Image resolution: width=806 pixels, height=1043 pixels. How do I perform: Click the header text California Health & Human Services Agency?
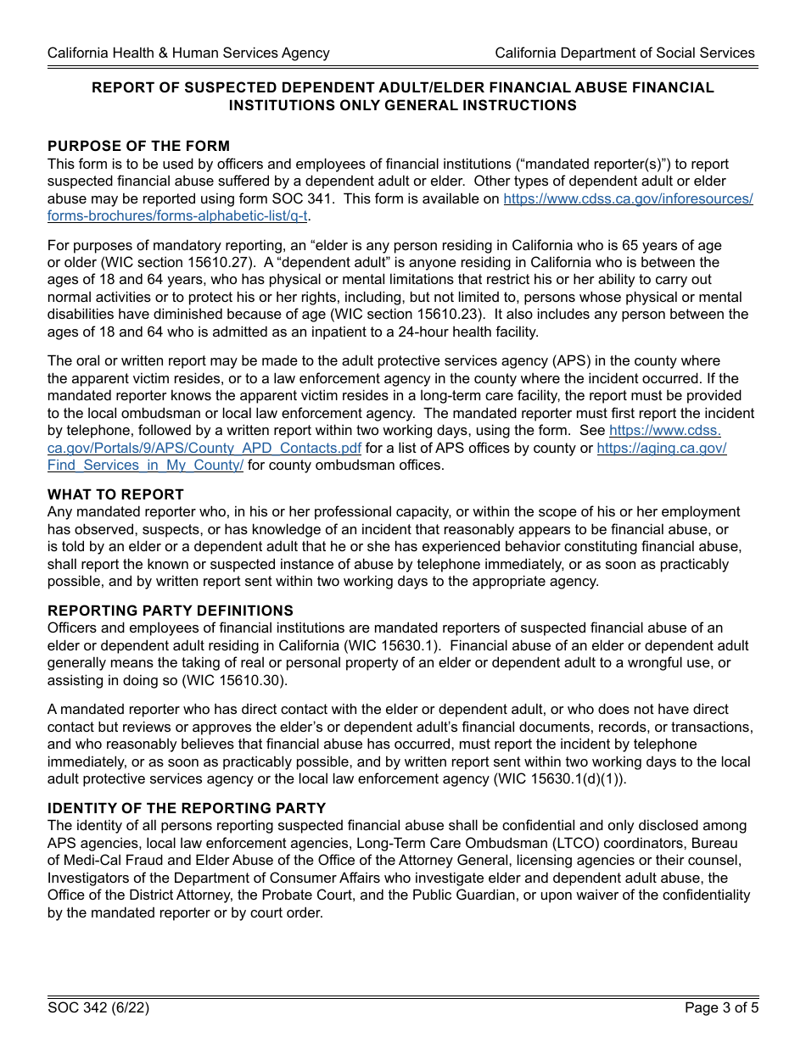click(188, 53)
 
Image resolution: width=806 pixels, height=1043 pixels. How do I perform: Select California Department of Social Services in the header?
click(624, 53)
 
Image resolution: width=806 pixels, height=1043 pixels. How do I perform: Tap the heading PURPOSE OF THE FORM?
click(138, 146)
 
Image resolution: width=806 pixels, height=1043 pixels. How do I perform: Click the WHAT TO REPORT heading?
click(115, 494)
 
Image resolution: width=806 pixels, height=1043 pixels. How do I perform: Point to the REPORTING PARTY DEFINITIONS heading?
click(171, 611)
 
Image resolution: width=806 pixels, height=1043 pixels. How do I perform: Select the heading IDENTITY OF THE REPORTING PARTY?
click(187, 808)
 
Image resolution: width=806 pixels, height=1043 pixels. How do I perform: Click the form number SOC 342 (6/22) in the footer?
click(98, 1008)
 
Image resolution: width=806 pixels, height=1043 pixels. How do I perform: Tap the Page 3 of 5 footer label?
click(721, 1008)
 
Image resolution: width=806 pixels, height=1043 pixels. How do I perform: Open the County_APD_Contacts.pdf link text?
click(204, 448)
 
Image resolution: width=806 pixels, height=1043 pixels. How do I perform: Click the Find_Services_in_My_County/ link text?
click(145, 466)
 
